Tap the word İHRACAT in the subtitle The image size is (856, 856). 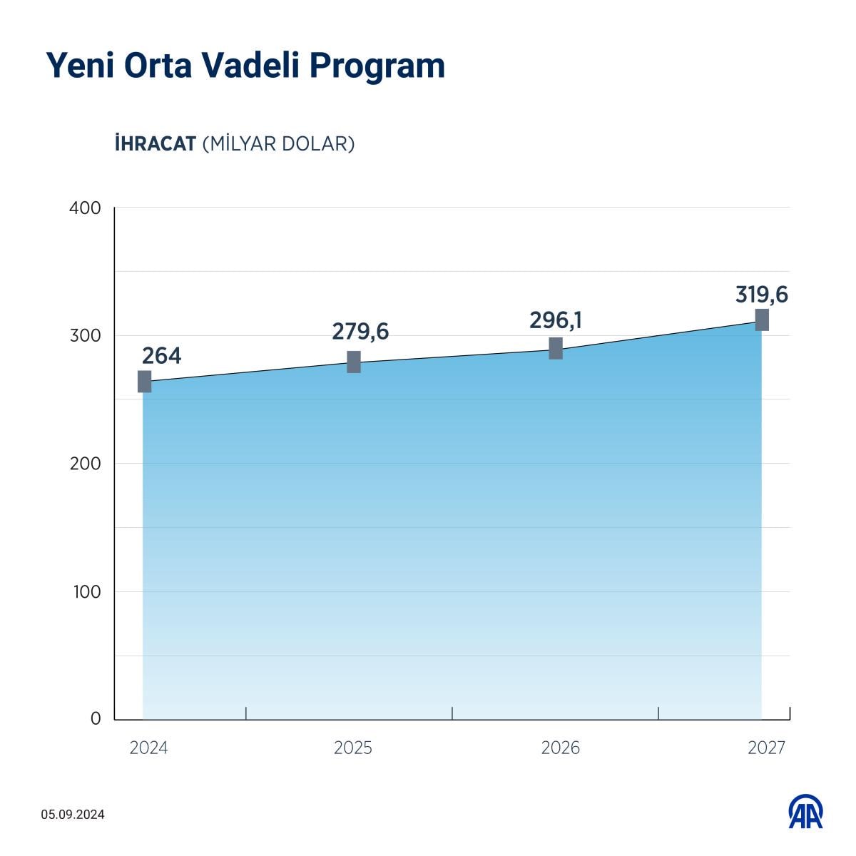[155, 143]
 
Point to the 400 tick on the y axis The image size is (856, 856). [86, 208]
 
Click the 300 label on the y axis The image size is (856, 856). [86, 336]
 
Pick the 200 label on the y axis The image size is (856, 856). [86, 464]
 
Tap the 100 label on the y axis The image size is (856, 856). [86, 591]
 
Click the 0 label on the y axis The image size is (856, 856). [96, 719]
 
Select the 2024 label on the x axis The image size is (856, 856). [149, 748]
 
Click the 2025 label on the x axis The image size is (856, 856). [353, 748]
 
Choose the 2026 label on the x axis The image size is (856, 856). [560, 748]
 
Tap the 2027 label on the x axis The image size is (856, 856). [766, 748]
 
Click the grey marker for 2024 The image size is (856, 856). [144, 382]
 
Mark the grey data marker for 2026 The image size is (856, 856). [556, 348]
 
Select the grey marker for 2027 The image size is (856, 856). [762, 320]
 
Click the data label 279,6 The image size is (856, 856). [360, 332]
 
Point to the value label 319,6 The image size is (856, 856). [762, 295]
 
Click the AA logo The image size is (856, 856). [805, 812]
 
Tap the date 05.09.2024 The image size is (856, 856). [73, 815]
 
